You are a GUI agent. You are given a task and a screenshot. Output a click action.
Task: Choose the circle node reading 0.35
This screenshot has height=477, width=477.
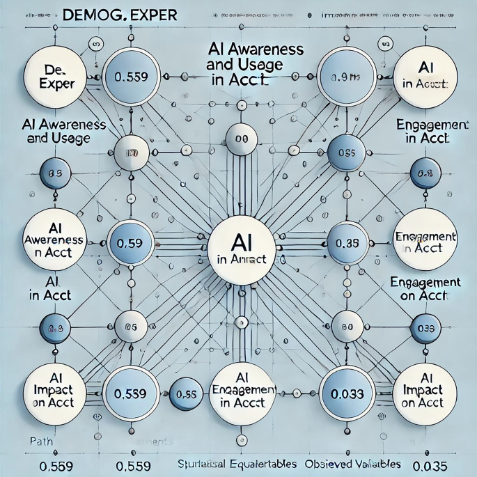pos(346,244)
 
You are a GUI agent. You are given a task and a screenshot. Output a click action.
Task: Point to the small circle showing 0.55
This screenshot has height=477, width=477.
pos(186,393)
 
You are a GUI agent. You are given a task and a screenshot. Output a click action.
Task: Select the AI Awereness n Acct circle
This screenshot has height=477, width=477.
pos(54,240)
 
